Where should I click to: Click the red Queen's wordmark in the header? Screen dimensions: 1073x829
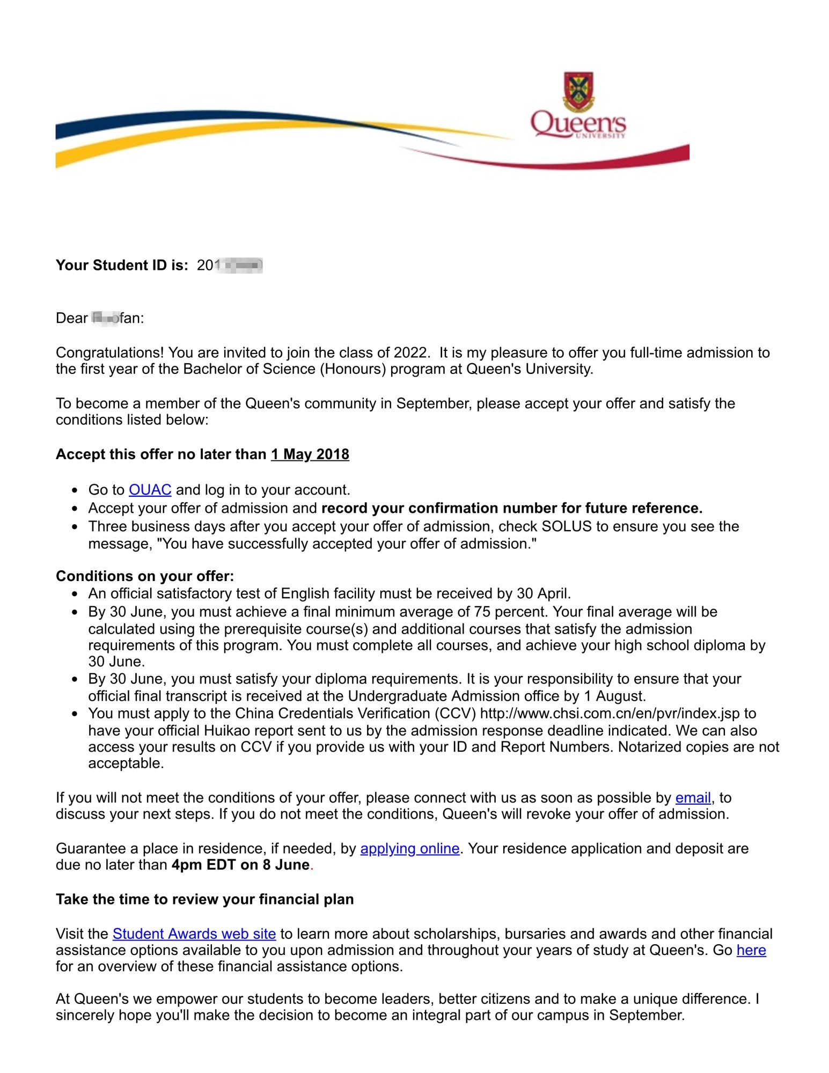pos(577,123)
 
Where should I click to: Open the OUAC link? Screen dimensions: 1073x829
pos(150,490)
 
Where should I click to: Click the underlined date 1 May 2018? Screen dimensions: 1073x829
pos(310,454)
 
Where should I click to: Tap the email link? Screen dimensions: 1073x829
pos(693,798)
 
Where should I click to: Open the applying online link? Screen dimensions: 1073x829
pos(409,848)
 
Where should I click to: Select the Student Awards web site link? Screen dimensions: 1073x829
pos(194,934)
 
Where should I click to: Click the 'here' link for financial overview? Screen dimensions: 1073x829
pos(751,950)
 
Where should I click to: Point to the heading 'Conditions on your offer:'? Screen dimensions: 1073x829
pos(145,576)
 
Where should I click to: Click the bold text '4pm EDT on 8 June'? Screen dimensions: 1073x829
pos(240,865)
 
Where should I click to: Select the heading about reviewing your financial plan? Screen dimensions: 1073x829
pos(204,899)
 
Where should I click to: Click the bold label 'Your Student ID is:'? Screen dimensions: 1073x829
pos(122,265)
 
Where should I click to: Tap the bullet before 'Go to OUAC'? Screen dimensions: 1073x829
pos(75,490)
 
